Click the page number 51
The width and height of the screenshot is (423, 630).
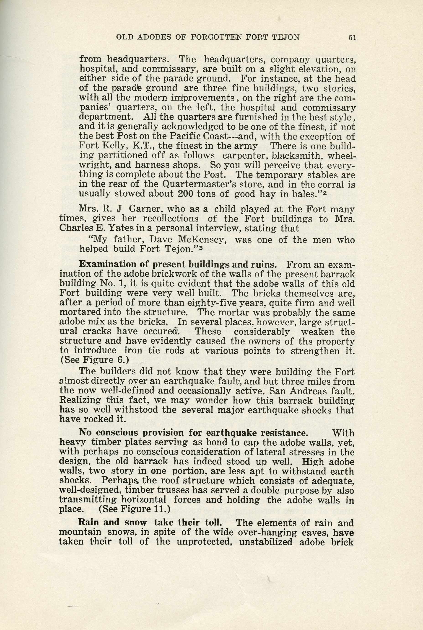click(352, 37)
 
